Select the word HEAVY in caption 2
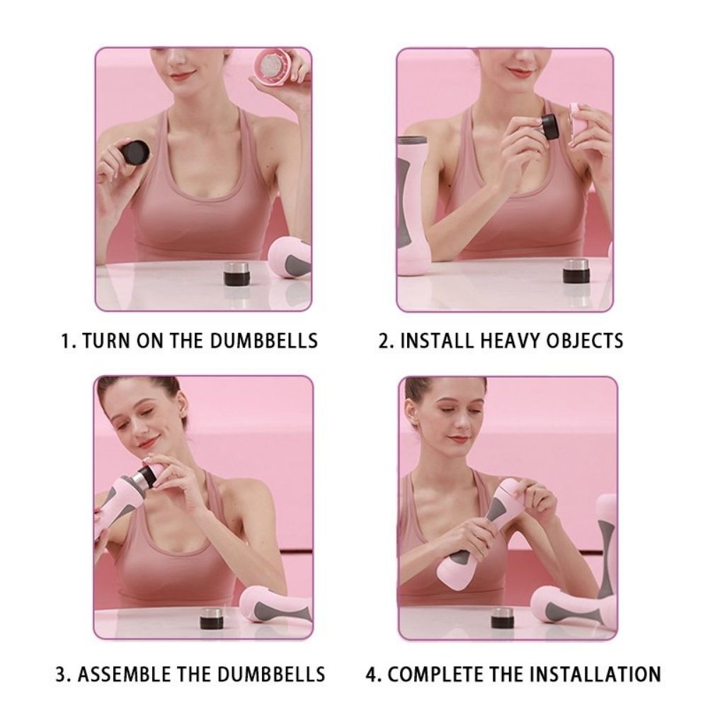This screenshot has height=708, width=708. [506, 341]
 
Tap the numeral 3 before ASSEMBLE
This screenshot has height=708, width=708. [61, 673]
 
